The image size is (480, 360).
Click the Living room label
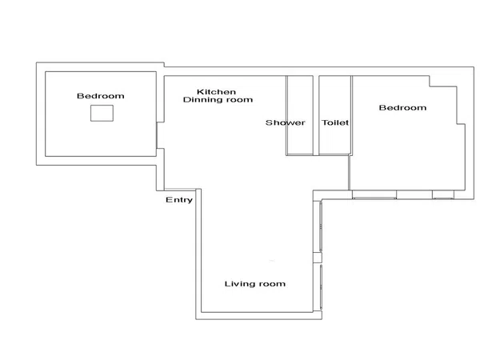point(255,284)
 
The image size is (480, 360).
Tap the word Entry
point(179,200)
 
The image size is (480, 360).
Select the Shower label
point(285,122)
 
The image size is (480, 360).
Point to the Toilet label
point(335,122)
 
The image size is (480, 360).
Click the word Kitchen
point(216,92)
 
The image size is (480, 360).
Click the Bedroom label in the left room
point(101,96)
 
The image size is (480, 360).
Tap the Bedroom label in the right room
point(402,107)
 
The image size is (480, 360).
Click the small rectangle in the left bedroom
point(102,113)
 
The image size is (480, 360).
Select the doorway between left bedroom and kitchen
point(157,136)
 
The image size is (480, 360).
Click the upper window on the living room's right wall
point(321,226)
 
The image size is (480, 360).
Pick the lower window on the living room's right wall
point(321,287)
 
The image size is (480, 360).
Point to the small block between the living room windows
point(318,258)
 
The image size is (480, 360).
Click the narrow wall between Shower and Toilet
point(316,115)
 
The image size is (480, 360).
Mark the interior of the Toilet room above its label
point(334,97)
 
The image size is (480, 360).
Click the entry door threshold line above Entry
point(180,189)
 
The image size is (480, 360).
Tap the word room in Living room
point(271,284)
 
